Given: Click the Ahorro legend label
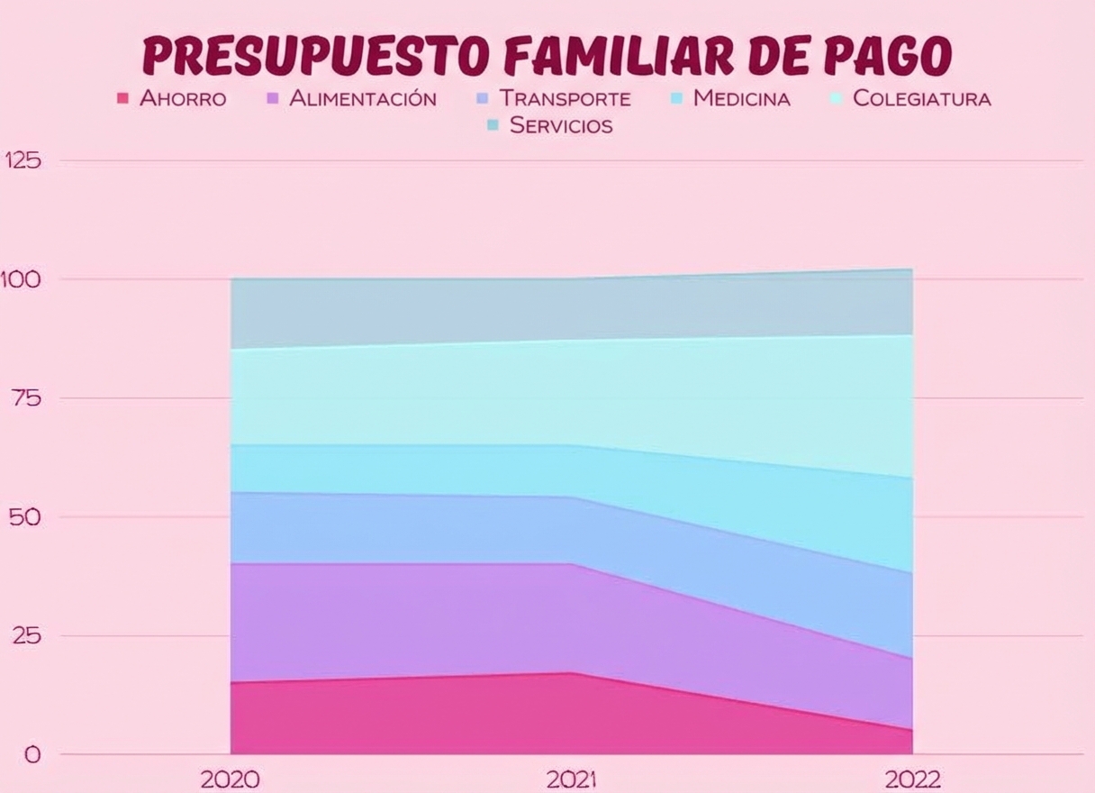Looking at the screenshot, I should [183, 99].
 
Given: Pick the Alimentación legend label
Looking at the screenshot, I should [363, 99].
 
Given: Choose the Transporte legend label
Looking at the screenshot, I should [566, 99].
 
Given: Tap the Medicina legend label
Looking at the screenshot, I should [741, 99].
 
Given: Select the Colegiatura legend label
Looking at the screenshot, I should [921, 99].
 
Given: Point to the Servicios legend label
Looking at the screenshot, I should [561, 126].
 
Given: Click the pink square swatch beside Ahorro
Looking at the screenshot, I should [123, 98].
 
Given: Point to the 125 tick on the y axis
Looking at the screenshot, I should [23, 160].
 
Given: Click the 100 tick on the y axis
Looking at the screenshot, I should [22, 279].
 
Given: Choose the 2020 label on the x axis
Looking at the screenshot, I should [231, 779].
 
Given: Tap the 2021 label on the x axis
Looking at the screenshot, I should [572, 779].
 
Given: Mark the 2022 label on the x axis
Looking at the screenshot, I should [913, 779].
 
